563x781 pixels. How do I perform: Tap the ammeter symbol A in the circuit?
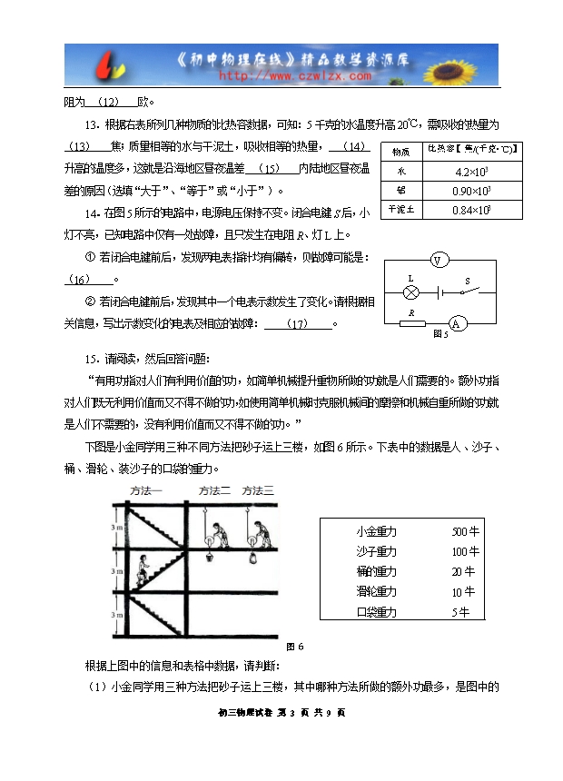coord(459,323)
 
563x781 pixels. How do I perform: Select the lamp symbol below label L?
coord(410,292)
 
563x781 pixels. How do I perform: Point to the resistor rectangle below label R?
coord(414,323)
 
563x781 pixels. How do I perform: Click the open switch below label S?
coord(469,291)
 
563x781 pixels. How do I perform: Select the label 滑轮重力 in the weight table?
coord(377,591)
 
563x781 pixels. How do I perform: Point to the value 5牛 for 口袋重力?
coord(460,611)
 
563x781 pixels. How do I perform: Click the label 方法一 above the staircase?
coord(146,490)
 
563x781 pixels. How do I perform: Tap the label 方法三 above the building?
coord(256,490)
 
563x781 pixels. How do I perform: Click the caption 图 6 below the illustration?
coord(294,647)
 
